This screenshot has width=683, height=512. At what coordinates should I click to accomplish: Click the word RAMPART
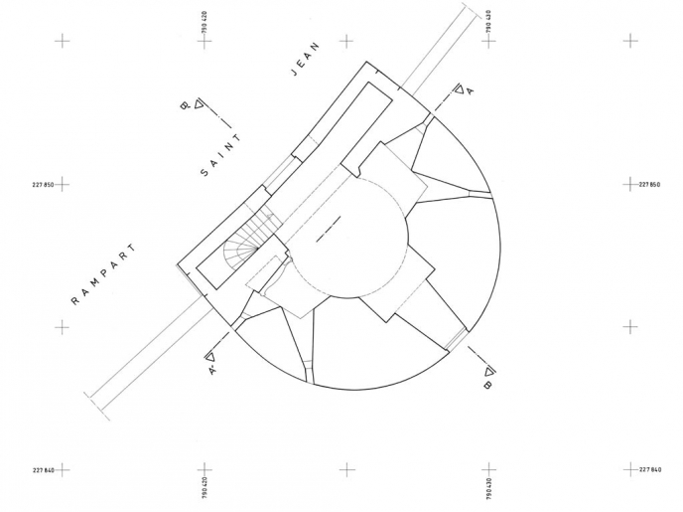pos(103,274)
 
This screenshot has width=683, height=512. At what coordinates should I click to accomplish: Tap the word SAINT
pos(220,155)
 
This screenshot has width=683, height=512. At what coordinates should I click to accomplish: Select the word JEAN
pos(305,59)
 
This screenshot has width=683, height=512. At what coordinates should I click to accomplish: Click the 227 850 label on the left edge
pos(43,185)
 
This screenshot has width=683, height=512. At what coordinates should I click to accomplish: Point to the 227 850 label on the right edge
pos(649,185)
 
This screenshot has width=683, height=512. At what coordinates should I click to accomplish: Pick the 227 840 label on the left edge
pos(43,470)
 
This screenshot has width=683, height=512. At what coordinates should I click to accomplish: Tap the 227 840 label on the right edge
pos(650,469)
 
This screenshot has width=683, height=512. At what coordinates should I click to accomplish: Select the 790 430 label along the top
pos(488,22)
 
